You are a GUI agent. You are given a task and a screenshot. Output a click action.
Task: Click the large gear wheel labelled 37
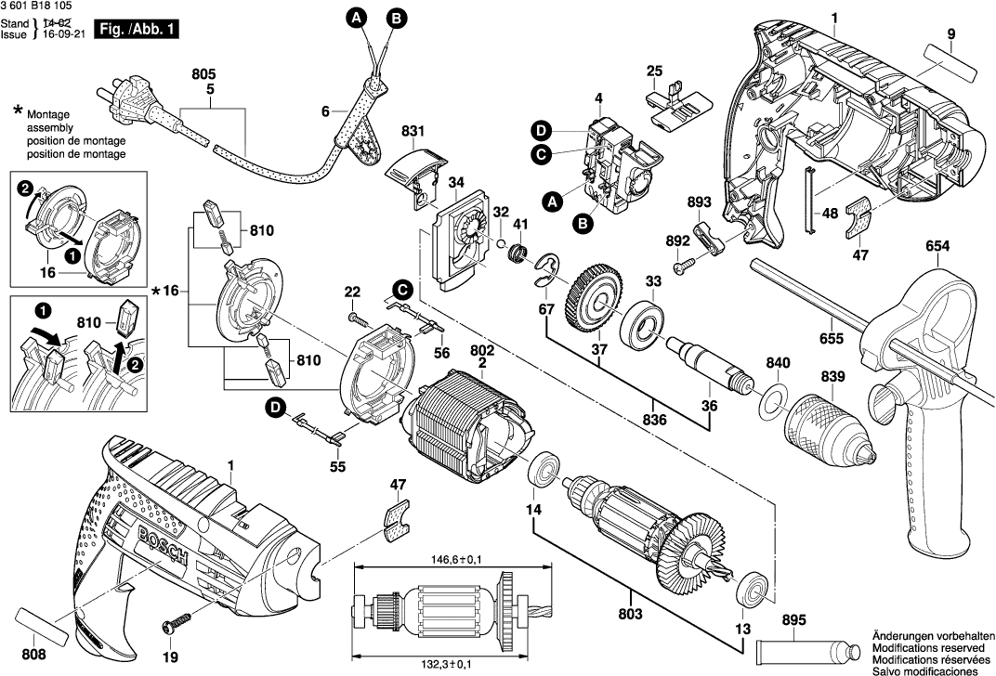(592, 297)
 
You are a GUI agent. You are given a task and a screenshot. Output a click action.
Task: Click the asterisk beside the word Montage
(18, 111)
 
